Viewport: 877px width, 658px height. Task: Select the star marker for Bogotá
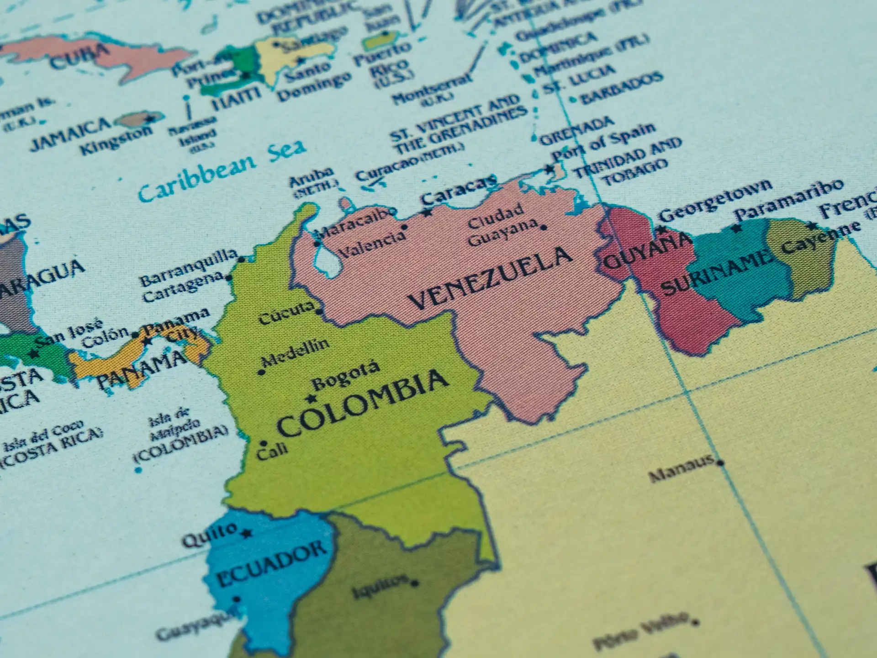coord(312,398)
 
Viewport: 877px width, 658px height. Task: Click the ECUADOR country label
coord(271,564)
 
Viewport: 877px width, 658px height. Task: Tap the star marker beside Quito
coord(247,533)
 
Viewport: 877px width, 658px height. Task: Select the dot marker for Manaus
coord(720,463)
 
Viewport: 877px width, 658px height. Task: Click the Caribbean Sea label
coord(222,171)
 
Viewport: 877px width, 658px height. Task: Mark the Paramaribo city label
coord(788,198)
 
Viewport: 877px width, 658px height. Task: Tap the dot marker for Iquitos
coord(415,584)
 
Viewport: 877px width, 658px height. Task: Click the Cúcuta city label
coord(286,313)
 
